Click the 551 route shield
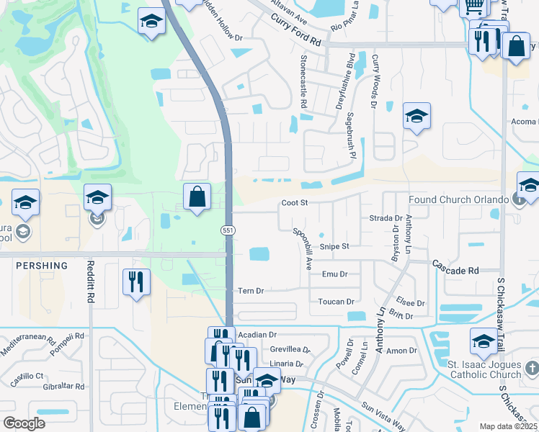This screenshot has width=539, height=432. [226, 230]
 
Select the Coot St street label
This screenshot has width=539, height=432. [295, 204]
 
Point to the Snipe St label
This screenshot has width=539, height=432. [334, 246]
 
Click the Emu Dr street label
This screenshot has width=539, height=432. [334, 274]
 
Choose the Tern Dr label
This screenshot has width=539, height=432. [251, 291]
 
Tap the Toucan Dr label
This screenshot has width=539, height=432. [337, 302]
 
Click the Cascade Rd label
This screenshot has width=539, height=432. [456, 271]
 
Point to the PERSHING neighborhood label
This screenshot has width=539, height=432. [42, 266]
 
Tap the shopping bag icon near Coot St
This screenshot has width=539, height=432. [197, 197]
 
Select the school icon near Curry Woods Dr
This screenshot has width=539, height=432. [416, 117]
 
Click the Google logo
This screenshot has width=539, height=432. [24, 423]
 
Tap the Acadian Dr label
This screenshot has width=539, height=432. [258, 335]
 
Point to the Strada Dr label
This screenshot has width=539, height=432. [386, 217]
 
